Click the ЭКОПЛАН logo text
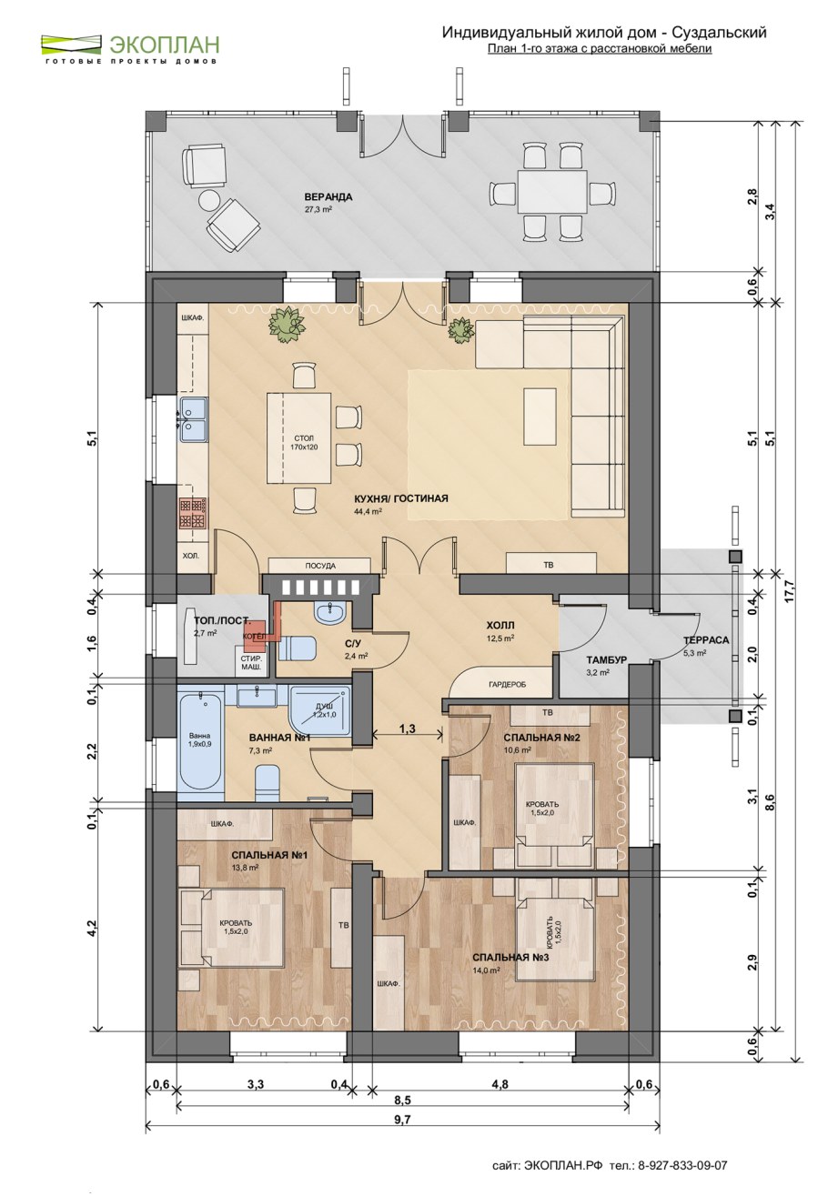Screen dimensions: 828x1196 point(165,44)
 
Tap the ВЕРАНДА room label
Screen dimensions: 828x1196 point(328,197)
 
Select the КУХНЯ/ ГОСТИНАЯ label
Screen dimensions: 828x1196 point(400,498)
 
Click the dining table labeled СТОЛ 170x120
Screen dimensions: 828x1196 point(299,438)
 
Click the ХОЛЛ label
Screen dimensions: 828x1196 point(500,625)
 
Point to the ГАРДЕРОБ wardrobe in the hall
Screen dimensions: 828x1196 point(502,684)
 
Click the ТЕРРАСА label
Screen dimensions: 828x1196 point(706,640)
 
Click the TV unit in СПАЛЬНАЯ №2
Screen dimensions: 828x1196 point(550,713)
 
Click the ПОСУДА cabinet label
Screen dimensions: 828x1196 point(320,566)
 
